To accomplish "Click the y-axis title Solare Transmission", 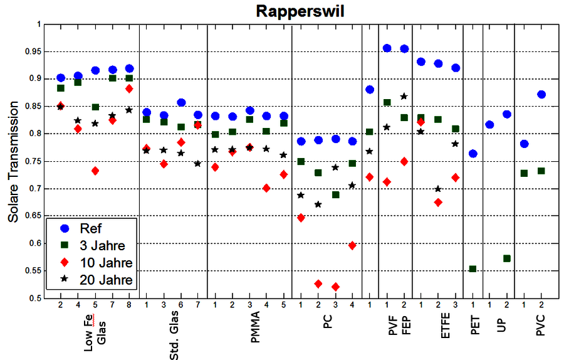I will (x=14, y=161).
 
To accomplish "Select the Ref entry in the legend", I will (x=91, y=229).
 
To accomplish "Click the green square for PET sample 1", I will (x=473, y=269).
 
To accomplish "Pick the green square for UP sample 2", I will (x=507, y=258).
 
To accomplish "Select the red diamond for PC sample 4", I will (x=352, y=246).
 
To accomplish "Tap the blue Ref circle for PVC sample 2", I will (x=541, y=95).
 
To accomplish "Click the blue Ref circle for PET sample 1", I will (x=473, y=154).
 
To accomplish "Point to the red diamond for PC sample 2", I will (x=318, y=284).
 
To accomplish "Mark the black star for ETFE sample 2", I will (x=438, y=189).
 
